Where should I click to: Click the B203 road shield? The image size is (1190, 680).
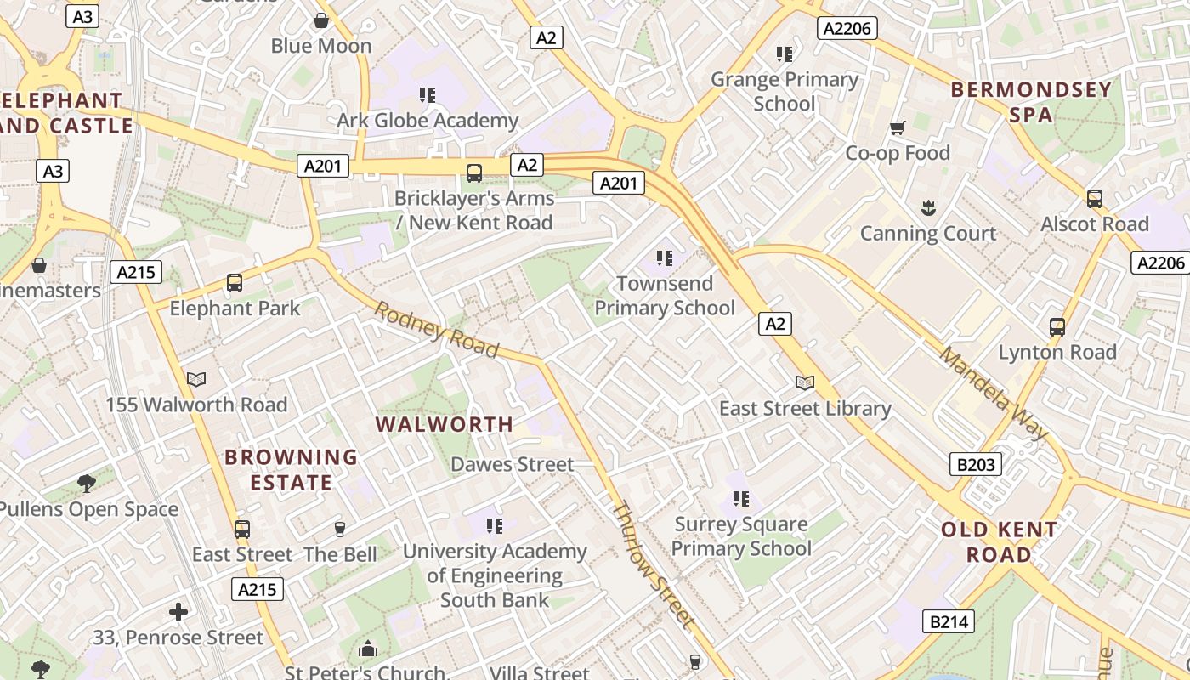point(975,464)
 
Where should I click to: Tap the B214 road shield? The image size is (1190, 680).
point(948,621)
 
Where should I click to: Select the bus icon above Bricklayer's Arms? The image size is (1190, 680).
point(474,173)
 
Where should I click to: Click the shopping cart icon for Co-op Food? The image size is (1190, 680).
point(897,128)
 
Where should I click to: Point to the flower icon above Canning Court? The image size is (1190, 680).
point(927,207)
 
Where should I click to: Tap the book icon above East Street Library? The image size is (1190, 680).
point(804,383)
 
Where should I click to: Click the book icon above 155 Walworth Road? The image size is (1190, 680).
point(196,379)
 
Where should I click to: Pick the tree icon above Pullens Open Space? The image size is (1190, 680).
point(86,484)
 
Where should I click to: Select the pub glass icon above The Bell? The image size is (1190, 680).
point(340,530)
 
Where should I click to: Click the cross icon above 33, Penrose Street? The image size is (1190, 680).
point(178,611)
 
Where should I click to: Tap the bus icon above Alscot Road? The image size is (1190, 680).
point(1095,199)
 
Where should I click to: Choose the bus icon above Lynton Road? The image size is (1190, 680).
point(1057,326)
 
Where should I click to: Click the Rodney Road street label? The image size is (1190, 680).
point(436,329)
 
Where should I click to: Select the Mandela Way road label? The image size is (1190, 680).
point(993,392)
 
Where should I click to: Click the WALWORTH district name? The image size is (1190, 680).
point(445,424)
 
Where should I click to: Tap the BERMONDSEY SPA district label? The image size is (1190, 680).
point(1031,102)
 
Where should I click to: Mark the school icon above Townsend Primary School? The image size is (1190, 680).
point(664,258)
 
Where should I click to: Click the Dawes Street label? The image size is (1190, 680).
point(513,464)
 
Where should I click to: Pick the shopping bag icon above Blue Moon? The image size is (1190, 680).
point(321,20)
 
